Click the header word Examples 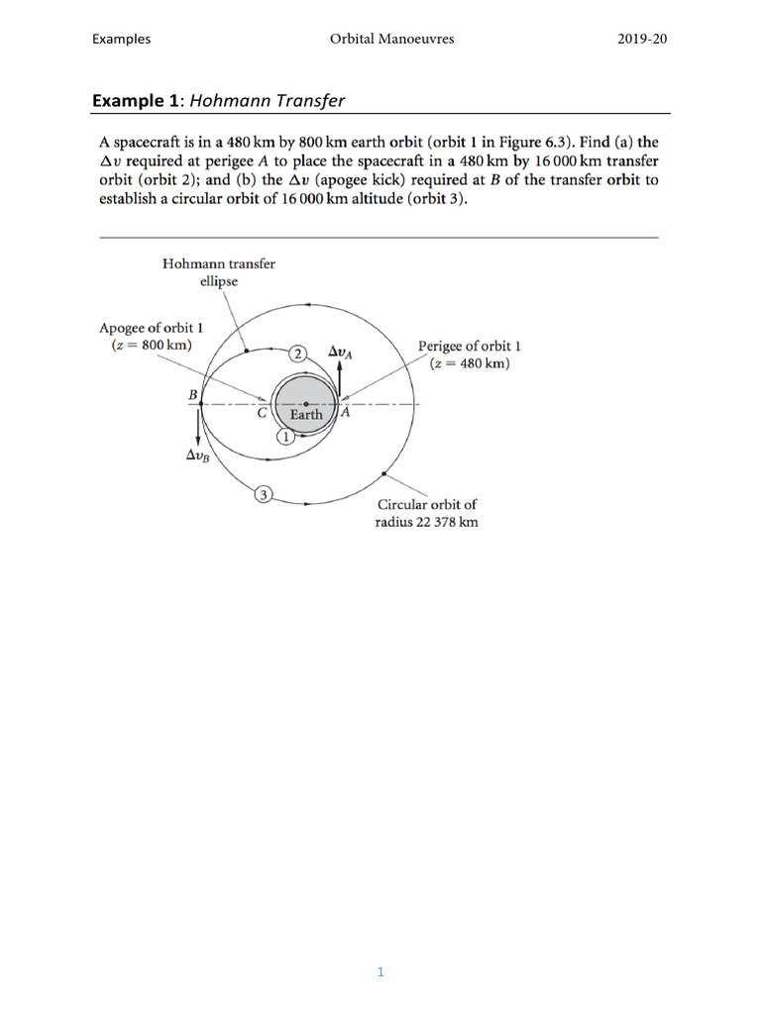point(121,39)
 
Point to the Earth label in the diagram point(306,415)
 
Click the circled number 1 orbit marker point(285,437)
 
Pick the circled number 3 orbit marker point(264,494)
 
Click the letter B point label point(192,395)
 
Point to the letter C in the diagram point(262,415)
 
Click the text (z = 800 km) point(152,345)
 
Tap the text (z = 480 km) point(470,363)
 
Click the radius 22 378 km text point(426,522)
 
